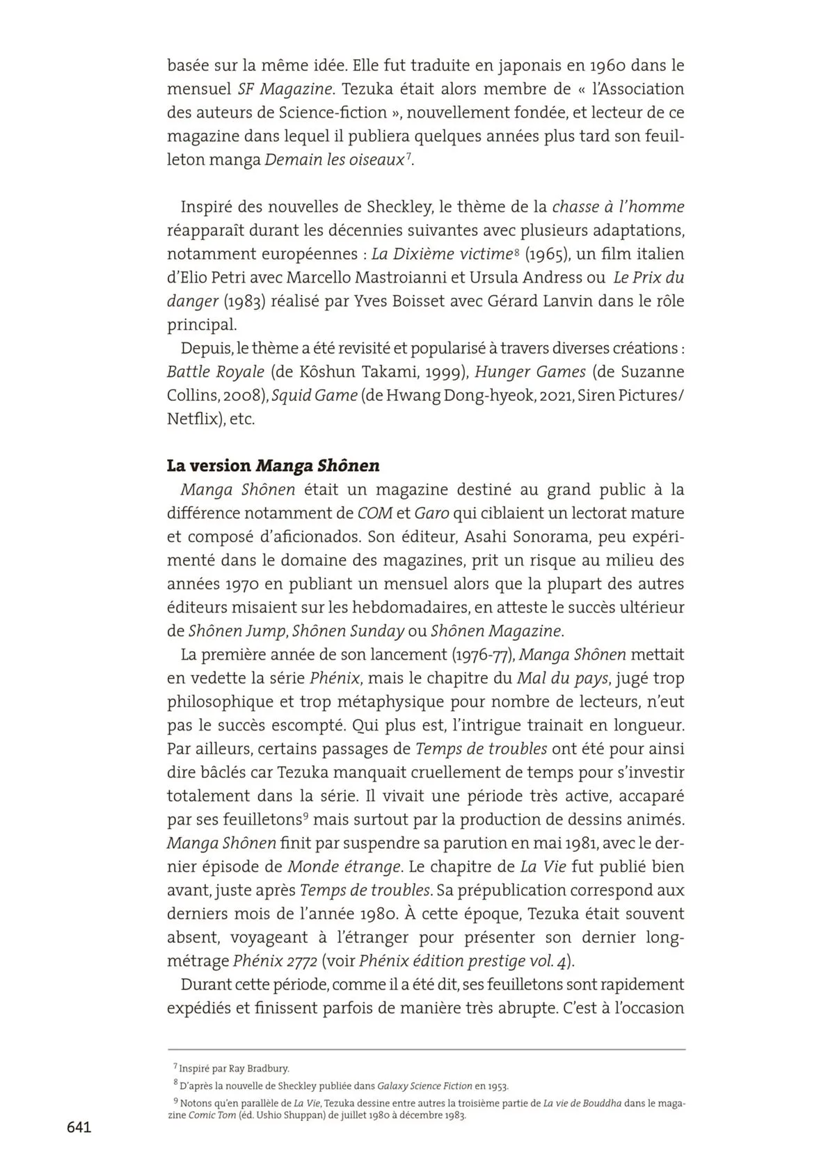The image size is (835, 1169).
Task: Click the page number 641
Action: [x=79, y=1127]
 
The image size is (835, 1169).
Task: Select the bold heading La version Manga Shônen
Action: [x=273, y=466]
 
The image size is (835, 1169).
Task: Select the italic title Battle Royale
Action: [x=216, y=372]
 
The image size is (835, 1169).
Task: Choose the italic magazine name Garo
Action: [x=431, y=513]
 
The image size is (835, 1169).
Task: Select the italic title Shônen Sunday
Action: [x=348, y=630]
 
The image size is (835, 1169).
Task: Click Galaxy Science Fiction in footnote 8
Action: [x=423, y=1085]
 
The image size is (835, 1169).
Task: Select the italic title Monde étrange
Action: [x=344, y=866]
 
